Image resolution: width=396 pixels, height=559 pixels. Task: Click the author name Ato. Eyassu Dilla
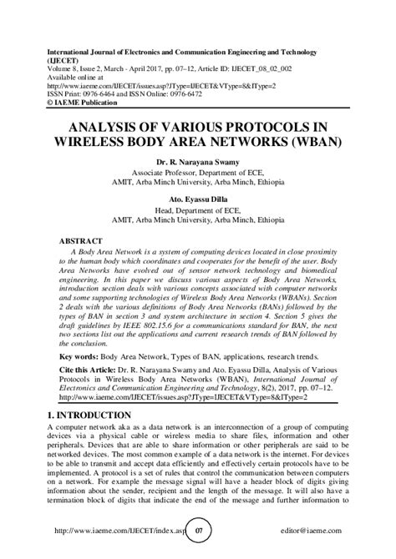197,200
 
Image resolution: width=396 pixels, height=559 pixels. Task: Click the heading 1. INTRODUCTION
89,415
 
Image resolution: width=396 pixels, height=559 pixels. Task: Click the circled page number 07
198,530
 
